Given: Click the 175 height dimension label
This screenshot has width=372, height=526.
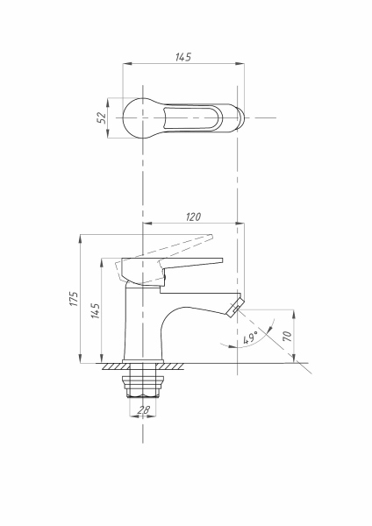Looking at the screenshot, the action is [x=75, y=299].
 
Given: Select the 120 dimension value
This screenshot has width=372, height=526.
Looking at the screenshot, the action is [x=193, y=217].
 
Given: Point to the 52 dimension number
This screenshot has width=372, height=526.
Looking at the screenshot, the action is [x=101, y=117].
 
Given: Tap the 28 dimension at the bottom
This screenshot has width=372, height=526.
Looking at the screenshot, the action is [x=143, y=409].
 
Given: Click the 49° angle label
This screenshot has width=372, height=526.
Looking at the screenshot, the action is [x=250, y=338].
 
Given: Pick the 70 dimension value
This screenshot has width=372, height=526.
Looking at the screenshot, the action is [x=288, y=336].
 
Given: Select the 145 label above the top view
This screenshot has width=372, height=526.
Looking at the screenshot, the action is [x=183, y=57].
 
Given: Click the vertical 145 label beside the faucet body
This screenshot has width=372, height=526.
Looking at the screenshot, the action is [x=96, y=311].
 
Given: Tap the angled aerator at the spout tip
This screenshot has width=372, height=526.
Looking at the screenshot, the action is [x=234, y=305].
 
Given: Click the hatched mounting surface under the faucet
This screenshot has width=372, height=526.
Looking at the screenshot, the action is [x=143, y=366].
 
